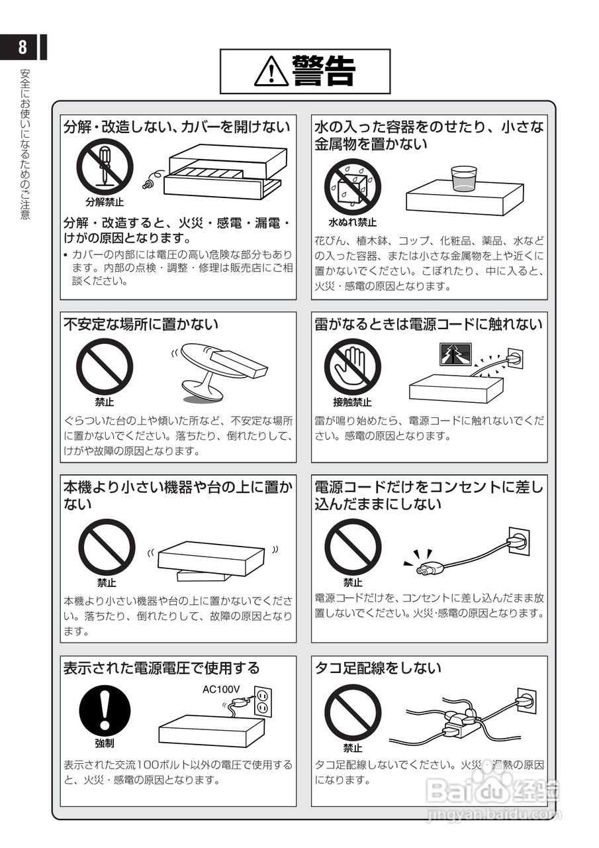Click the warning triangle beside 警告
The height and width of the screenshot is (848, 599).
271,71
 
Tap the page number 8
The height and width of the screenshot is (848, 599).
23,47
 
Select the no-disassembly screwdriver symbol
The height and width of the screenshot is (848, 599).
104,167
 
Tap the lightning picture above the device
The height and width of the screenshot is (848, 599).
455,354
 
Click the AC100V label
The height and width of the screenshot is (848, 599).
221,689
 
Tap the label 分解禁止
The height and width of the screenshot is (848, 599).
104,201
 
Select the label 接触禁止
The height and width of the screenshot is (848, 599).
352,401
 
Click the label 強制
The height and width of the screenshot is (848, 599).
104,743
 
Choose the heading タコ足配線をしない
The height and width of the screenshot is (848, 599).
378,667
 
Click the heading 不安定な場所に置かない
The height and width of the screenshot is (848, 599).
140,324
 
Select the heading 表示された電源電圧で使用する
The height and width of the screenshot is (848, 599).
161,667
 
